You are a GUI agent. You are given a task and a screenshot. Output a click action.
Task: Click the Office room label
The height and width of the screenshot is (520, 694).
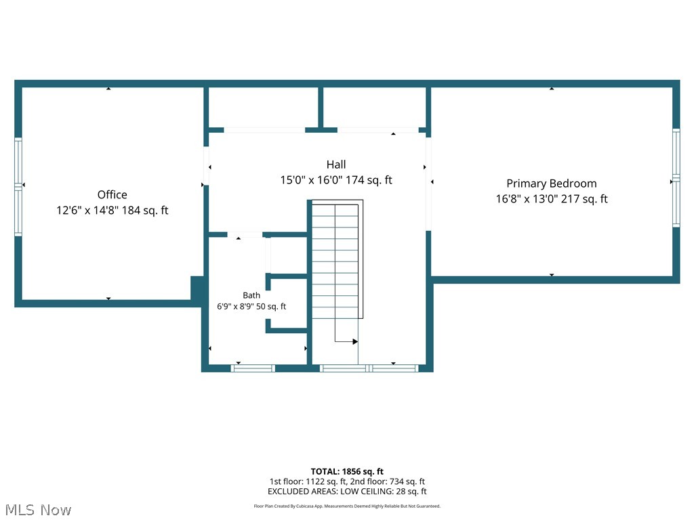point(112,194)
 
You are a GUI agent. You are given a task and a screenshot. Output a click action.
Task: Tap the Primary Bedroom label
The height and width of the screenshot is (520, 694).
point(552,183)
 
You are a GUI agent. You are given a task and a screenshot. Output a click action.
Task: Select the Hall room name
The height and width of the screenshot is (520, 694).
point(336,165)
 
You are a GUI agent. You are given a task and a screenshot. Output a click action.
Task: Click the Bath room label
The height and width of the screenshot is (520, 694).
point(251,295)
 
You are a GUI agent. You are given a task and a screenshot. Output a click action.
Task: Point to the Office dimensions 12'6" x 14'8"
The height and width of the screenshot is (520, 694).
point(87,210)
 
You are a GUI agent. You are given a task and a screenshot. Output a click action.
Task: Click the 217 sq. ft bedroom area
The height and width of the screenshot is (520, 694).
point(584,199)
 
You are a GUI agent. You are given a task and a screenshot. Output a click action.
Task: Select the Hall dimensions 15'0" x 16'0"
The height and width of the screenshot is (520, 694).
point(311,180)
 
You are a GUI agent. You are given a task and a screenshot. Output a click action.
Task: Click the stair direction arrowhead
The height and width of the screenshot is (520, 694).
point(355,341)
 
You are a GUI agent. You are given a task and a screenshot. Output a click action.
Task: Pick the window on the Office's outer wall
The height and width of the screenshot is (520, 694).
point(18,186)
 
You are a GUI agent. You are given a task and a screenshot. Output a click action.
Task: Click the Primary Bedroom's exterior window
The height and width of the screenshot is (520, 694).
point(676,178)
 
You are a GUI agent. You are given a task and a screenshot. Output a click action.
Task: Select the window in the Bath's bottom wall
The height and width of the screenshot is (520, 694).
point(253,368)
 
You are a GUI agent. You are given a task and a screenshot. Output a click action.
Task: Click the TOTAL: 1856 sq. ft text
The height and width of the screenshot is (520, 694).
point(347,471)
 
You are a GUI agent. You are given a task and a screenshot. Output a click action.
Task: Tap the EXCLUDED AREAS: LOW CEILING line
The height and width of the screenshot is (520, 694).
point(347,492)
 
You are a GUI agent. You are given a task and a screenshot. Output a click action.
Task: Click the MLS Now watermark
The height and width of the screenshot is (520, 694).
point(38,510)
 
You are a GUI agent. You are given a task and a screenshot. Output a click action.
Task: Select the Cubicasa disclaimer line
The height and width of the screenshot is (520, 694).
point(347,506)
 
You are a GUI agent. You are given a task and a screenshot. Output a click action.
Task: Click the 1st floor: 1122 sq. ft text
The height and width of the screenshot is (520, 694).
point(308,481)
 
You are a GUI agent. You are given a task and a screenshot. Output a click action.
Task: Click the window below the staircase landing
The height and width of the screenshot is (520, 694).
point(369,368)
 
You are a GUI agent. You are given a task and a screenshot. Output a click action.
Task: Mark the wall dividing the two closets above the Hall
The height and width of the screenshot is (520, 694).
point(321,108)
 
